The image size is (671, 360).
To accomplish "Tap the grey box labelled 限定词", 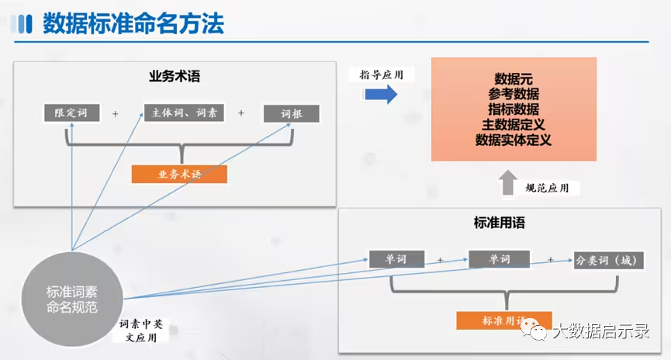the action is (x=71, y=112).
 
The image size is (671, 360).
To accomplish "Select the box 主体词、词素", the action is (x=184, y=112).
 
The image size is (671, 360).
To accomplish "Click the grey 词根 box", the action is (x=291, y=113).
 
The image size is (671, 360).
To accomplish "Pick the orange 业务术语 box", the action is (x=179, y=175).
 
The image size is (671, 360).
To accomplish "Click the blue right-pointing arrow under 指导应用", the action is (x=380, y=95).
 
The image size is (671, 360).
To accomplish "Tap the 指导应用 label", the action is (x=386, y=74).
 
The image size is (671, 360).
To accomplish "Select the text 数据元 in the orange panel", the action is (x=514, y=78).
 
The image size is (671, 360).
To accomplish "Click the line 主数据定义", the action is (x=514, y=125).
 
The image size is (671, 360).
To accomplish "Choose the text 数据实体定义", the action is (x=514, y=140).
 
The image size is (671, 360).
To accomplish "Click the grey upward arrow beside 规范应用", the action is (x=507, y=182).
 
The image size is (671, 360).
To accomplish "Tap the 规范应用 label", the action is (x=552, y=188).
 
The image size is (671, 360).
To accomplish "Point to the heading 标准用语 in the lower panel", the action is (x=500, y=223).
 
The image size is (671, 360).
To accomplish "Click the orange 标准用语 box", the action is (x=504, y=320).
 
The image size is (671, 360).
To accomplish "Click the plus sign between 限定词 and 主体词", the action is (x=116, y=113).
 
